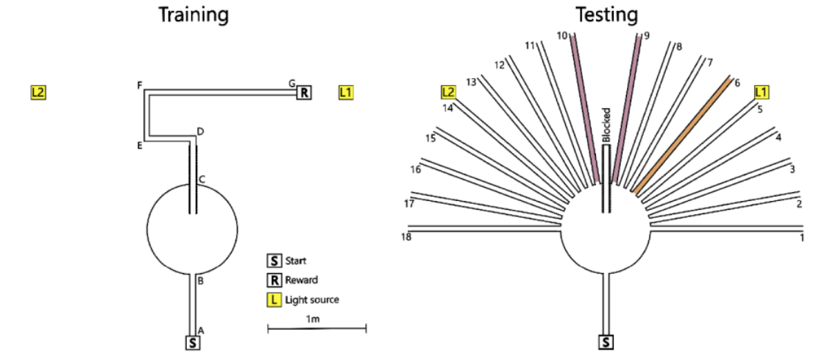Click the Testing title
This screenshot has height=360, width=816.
(x=606, y=14)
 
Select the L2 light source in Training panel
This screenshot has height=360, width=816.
(x=38, y=93)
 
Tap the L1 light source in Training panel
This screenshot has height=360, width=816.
(x=346, y=93)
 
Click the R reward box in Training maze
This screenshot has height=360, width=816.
(x=304, y=93)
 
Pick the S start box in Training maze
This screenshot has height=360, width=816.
(x=192, y=342)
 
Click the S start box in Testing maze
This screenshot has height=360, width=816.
(x=606, y=342)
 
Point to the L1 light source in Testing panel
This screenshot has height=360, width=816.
(x=762, y=92)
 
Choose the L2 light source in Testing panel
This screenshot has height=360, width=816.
(x=448, y=92)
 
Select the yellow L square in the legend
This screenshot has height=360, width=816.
(x=274, y=300)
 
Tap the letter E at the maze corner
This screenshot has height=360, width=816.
(x=139, y=145)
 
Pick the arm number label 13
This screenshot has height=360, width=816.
(x=472, y=81)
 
